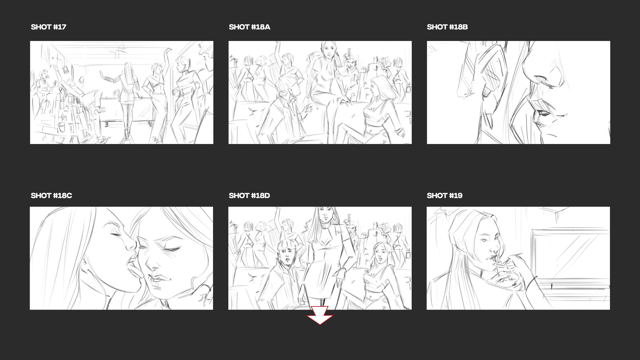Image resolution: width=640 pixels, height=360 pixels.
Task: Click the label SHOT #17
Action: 48,27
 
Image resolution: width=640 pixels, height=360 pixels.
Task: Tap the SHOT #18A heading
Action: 249,27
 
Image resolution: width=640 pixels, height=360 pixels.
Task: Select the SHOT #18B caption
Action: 447,27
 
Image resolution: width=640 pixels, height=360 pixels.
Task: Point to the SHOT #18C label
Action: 51,196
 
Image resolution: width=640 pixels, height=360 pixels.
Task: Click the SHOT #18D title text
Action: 249,196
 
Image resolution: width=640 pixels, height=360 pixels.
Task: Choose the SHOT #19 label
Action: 444,196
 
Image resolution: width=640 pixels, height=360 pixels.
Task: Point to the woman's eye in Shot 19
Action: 484,240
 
